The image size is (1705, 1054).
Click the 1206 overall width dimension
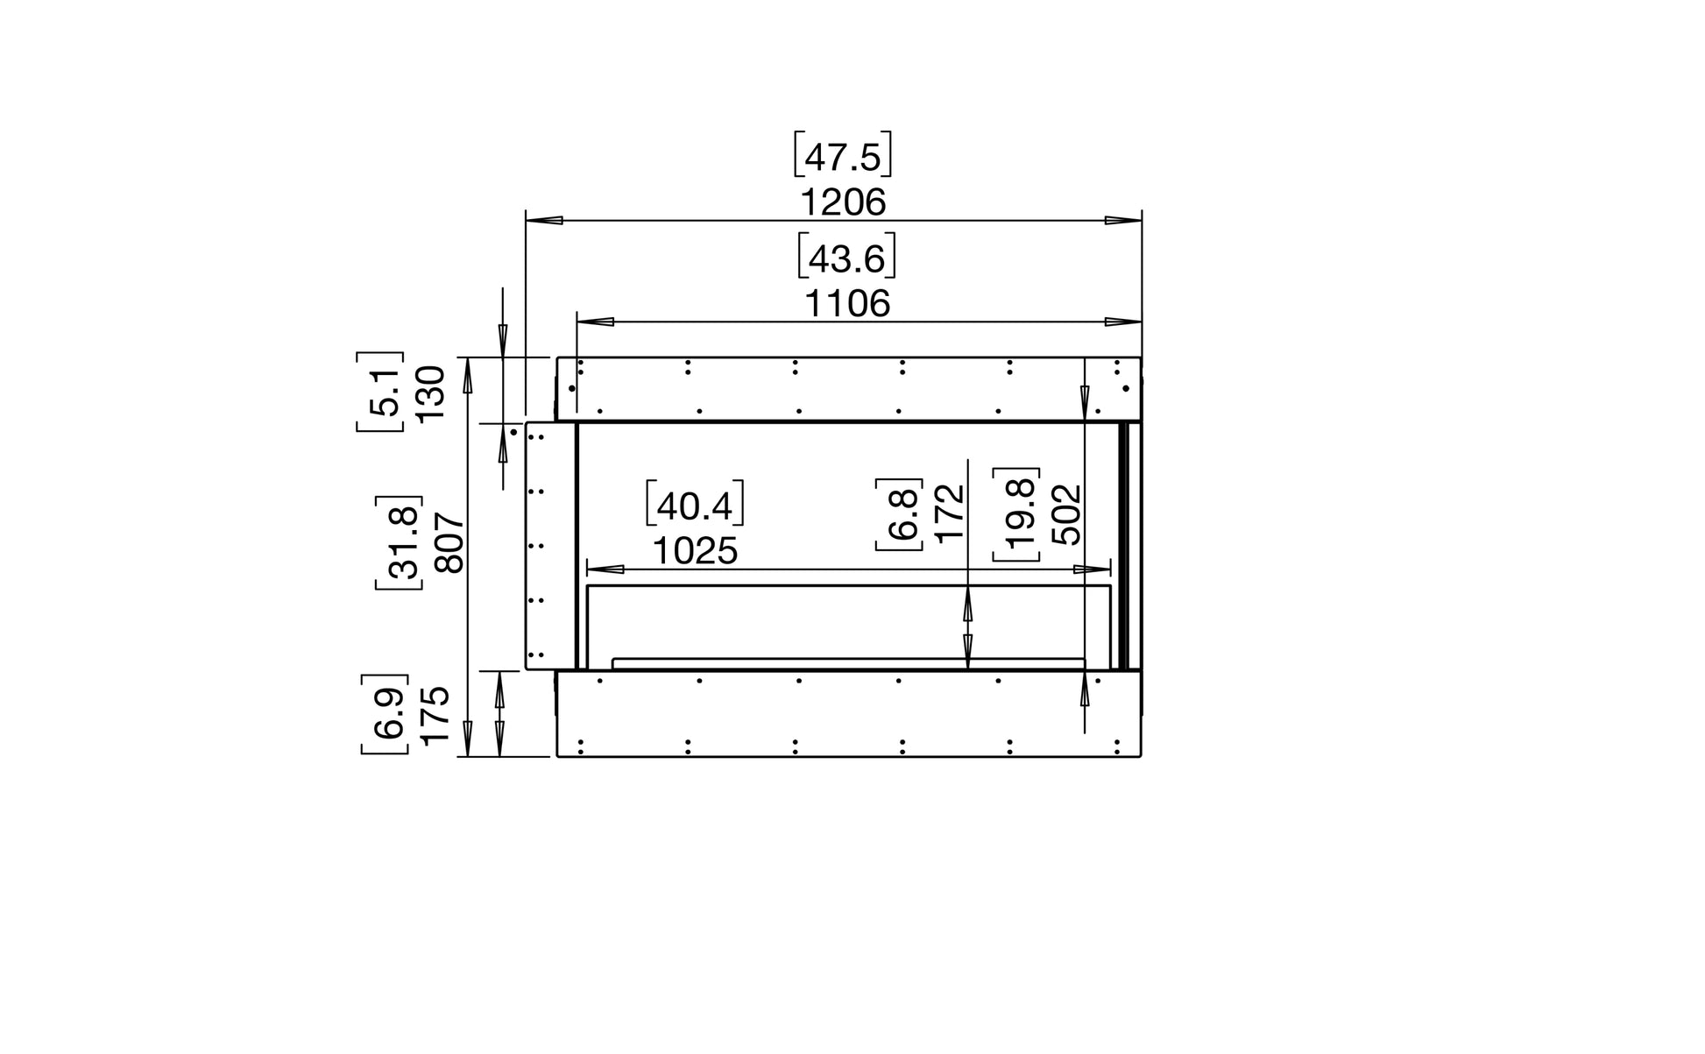[x=843, y=203]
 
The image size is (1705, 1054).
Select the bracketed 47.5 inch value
[x=842, y=155]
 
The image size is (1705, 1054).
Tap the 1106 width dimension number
[x=847, y=304]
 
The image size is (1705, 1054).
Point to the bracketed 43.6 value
[x=846, y=257]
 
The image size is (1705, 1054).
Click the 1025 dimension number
[x=695, y=551]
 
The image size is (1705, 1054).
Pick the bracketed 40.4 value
[x=694, y=504]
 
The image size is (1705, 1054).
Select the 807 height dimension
[x=449, y=543]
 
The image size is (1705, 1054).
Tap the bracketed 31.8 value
[x=400, y=542]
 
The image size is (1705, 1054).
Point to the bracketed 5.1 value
[x=380, y=392]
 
